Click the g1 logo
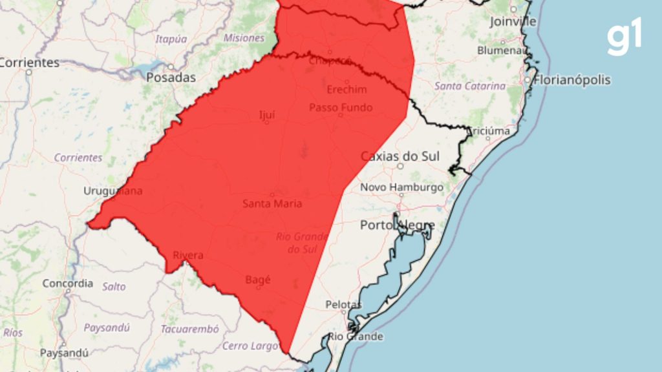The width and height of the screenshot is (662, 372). pyautogui.click(x=625, y=38)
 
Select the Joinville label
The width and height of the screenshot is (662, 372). pyautogui.click(x=513, y=21)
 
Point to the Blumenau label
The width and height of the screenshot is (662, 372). pyautogui.click(x=500, y=50)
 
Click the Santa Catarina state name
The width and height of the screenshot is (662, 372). pyautogui.click(x=470, y=86)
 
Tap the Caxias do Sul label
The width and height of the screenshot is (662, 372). pyautogui.click(x=400, y=156)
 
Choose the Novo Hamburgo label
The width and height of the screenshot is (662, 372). pyautogui.click(x=401, y=187)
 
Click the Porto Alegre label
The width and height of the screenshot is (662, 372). pyautogui.click(x=397, y=225)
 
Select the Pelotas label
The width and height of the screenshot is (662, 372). pyautogui.click(x=343, y=304)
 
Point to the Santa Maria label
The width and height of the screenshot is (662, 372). pyautogui.click(x=272, y=203)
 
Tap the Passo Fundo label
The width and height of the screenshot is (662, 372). pyautogui.click(x=341, y=107)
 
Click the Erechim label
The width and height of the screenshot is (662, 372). pyautogui.click(x=347, y=89)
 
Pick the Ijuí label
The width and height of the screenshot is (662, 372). pyautogui.click(x=266, y=116)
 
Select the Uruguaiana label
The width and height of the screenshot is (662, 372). pyautogui.click(x=113, y=191)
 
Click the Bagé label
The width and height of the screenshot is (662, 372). pyautogui.click(x=258, y=280)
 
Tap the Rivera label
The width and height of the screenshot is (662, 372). pyautogui.click(x=187, y=255)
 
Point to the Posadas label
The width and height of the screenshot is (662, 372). pyautogui.click(x=171, y=77)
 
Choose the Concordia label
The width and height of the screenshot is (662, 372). pyautogui.click(x=67, y=284)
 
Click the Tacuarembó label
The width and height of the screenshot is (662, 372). pyautogui.click(x=189, y=329)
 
